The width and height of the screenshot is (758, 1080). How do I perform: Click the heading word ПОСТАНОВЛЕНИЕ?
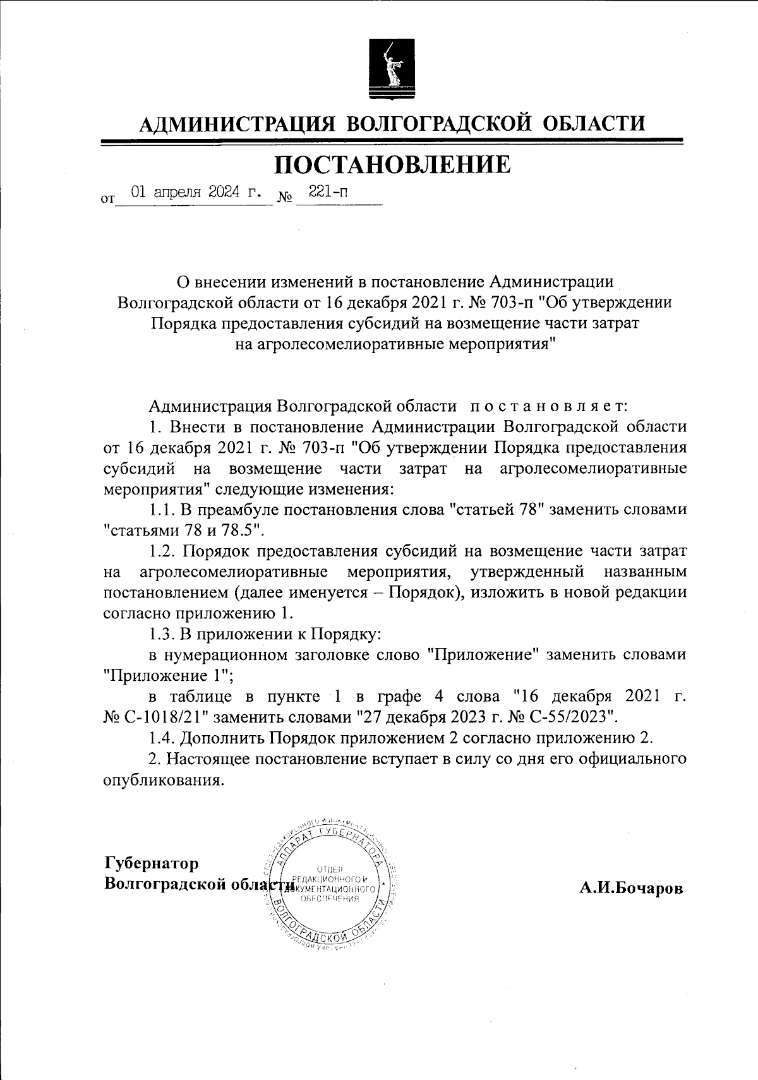coord(392,164)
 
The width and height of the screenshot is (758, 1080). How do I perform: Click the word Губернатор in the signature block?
coord(152,863)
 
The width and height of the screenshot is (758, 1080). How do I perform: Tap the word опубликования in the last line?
coord(163,779)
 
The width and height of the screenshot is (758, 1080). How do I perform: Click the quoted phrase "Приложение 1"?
coord(168,675)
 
